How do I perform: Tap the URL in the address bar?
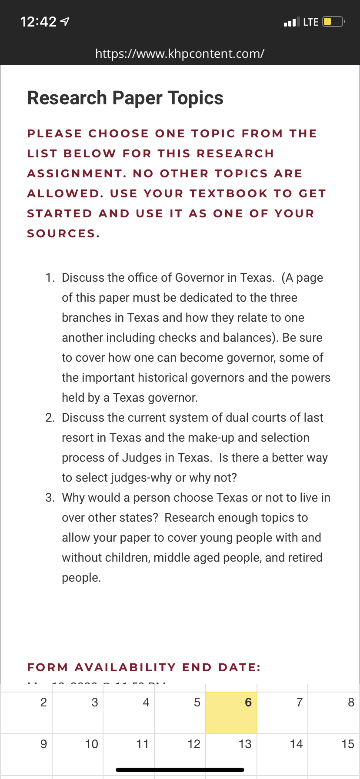tap(180, 53)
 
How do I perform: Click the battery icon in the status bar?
tap(333, 22)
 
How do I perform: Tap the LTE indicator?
tap(310, 22)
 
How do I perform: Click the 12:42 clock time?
tap(38, 22)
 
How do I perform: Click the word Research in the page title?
tap(67, 98)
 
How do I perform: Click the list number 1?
tap(50, 278)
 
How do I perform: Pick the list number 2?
tap(50, 418)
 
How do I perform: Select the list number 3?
tap(50, 498)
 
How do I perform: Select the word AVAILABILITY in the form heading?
tap(125, 667)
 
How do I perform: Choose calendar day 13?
tap(245, 744)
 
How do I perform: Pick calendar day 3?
tap(94, 702)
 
